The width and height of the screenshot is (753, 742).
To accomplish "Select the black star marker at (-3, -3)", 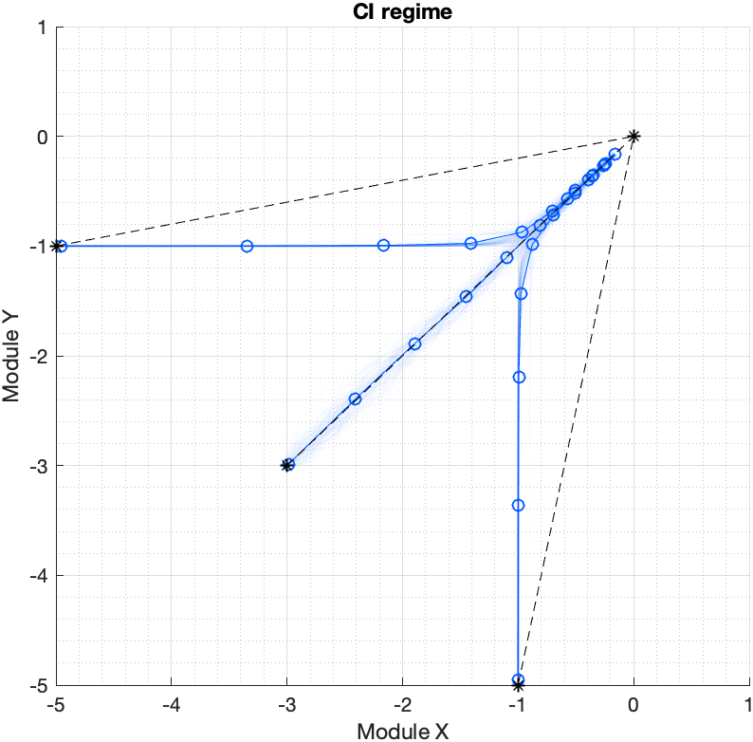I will pyautogui.click(x=286, y=465).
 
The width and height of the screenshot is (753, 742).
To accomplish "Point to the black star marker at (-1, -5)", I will pyautogui.click(x=518, y=684).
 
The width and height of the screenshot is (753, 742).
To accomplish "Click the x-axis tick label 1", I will pyautogui.click(x=748, y=706).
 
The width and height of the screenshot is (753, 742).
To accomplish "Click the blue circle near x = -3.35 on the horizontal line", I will pyautogui.click(x=248, y=246).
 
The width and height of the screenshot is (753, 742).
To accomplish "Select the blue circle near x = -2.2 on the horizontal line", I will pyautogui.click(x=384, y=245).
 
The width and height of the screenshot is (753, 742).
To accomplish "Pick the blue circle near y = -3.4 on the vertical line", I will pyautogui.click(x=518, y=505).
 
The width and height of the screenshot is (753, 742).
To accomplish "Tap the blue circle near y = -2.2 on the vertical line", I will pyautogui.click(x=519, y=377).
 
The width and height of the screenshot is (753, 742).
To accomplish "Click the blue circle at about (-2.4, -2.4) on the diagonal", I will pyautogui.click(x=355, y=399).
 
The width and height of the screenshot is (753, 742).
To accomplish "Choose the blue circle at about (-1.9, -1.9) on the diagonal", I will pyautogui.click(x=414, y=343).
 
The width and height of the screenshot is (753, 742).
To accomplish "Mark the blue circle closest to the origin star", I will pyautogui.click(x=615, y=154).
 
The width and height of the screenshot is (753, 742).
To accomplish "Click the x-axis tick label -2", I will pyautogui.click(x=402, y=706).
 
